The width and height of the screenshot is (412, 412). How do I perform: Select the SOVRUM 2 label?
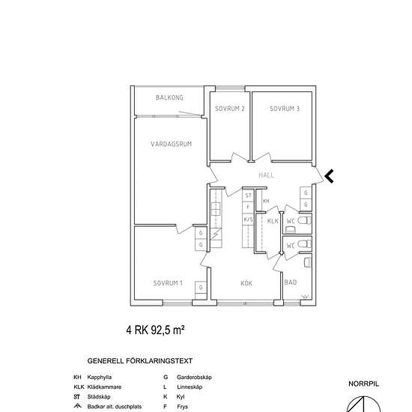coord(230,109)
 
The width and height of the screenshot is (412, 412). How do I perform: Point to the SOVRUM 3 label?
coord(285,109)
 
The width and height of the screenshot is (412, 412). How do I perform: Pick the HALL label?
coord(266,175)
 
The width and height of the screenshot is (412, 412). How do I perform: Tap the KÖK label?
coord(246,283)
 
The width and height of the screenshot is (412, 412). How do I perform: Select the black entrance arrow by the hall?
coord(329,176)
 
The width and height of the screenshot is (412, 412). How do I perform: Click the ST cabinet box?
coord(247,195)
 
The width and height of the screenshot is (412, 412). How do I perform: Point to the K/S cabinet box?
coord(247,219)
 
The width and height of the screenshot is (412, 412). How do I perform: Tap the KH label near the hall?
coord(266,202)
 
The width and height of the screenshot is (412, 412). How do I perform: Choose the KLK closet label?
coord(273,221)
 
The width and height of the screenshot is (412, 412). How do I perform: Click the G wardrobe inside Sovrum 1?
coord(200,288)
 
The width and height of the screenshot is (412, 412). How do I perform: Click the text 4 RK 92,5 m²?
coord(155,329)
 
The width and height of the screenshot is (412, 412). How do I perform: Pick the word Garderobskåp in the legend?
coord(193,378)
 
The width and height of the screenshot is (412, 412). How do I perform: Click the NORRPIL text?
coord(364,384)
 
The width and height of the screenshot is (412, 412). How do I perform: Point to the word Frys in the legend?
coord(180,407)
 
